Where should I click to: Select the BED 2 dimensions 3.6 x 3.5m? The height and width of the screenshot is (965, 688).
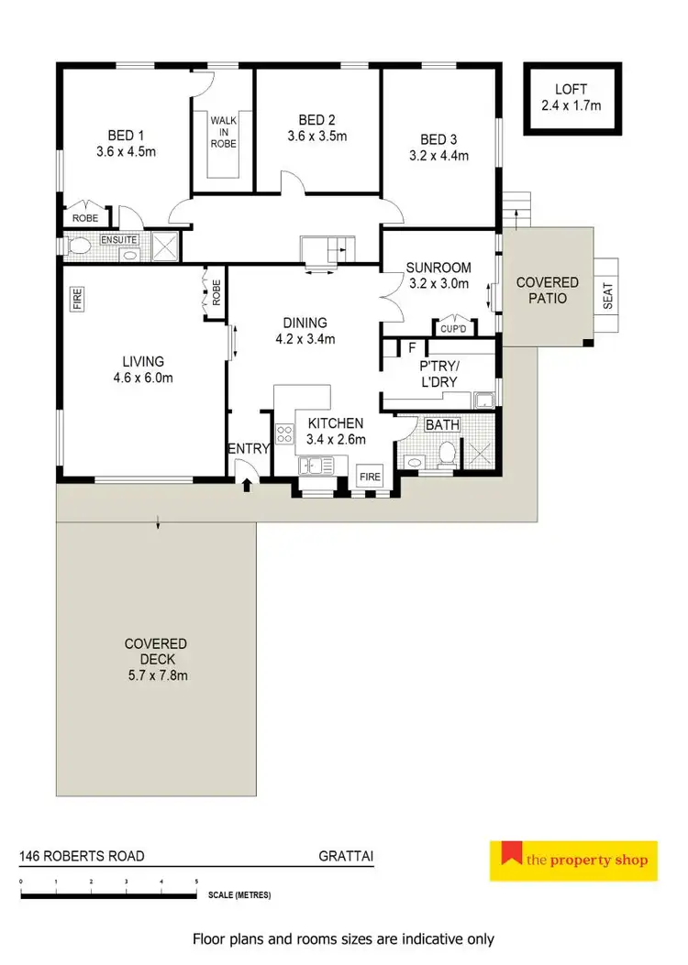[317, 137]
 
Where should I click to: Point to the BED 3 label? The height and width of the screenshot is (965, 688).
[438, 139]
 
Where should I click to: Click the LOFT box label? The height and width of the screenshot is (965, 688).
[571, 89]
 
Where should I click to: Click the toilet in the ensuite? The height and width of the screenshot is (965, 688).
[79, 247]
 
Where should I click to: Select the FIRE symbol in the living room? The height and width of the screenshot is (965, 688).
[77, 298]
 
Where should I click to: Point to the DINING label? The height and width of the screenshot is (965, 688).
[305, 323]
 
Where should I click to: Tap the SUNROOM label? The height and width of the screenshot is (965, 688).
[439, 268]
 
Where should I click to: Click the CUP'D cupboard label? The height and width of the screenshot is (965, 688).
[454, 328]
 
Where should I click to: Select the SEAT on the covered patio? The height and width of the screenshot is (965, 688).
[606, 293]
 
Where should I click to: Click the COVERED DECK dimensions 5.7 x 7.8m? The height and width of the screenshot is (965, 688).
[157, 675]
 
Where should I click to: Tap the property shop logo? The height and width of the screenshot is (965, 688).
[573, 860]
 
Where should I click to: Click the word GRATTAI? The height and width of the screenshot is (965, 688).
[346, 857]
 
